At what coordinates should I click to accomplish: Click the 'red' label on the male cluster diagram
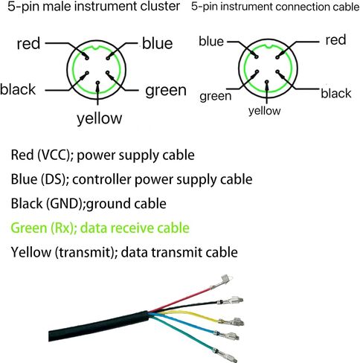(x=28, y=44)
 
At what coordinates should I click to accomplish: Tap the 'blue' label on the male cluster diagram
(x=158, y=43)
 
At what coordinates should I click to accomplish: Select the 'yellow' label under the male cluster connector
(x=100, y=118)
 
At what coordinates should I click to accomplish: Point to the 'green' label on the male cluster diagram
(x=166, y=91)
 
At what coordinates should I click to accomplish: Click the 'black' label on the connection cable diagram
(x=336, y=94)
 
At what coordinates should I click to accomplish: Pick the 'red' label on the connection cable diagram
(x=335, y=40)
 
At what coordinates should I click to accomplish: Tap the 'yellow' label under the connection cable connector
(x=265, y=111)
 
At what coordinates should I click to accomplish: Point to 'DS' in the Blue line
(x=55, y=179)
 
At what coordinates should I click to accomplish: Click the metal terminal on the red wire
(x=222, y=282)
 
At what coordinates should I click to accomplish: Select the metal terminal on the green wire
(x=225, y=355)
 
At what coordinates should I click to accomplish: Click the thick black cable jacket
(x=99, y=327)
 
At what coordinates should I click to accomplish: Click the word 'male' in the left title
(x=57, y=6)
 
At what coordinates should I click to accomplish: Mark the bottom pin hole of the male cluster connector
(x=97, y=83)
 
